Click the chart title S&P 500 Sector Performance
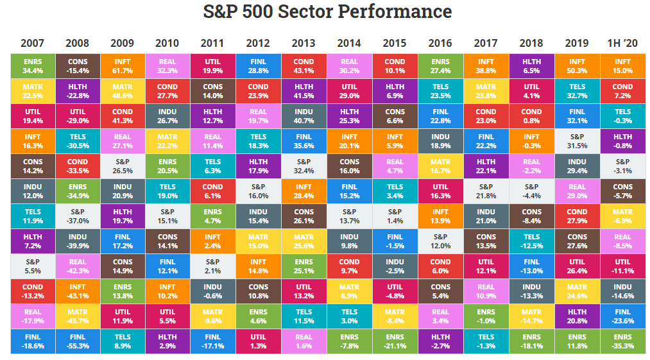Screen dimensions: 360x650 [x=327, y=12]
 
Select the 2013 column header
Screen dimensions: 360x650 [x=304, y=44]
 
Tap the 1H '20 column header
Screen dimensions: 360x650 [x=622, y=44]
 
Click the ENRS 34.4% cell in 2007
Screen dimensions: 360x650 [x=33, y=65]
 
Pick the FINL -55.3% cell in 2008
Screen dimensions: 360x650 [x=78, y=341]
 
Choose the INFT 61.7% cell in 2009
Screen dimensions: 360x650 [x=123, y=65]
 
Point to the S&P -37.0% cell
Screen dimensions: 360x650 [x=78, y=216]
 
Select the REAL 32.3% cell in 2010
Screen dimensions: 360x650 [x=167, y=65]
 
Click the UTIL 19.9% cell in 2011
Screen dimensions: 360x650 [x=213, y=65]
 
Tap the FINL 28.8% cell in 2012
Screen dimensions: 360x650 [x=258, y=65]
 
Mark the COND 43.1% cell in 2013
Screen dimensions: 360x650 [x=304, y=65]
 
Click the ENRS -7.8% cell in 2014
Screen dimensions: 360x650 [x=349, y=341]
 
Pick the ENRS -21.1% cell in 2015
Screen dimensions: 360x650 [x=395, y=341]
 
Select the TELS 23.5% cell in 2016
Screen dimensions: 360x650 [x=440, y=90]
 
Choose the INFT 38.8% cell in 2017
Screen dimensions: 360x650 [x=486, y=65]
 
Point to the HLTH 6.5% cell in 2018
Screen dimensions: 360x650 [x=531, y=65]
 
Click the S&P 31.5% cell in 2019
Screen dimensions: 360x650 [x=577, y=141]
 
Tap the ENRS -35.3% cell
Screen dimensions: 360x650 [x=622, y=341]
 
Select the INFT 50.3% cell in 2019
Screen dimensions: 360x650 [x=577, y=65]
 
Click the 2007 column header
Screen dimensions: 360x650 [x=33, y=44]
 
